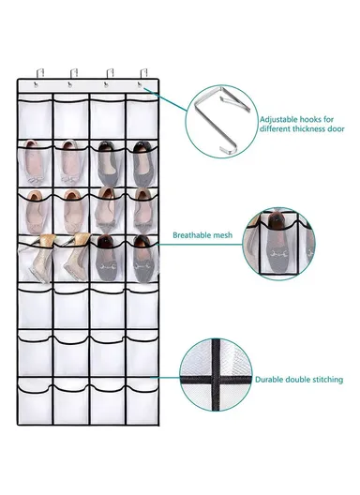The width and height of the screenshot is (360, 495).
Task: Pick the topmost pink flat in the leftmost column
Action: point(36,160)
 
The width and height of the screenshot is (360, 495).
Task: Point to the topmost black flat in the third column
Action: point(107,161)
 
